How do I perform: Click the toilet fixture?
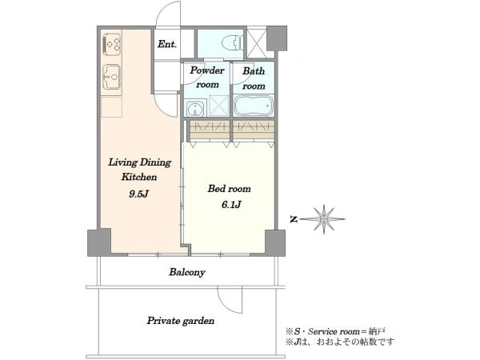click(234, 43)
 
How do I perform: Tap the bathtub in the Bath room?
click(253, 106)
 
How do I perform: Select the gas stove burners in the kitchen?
click(112, 44)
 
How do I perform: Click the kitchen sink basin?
click(111, 77)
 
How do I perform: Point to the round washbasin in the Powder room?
click(195, 109)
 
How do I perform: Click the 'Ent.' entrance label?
click(167, 44)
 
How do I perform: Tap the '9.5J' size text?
click(138, 194)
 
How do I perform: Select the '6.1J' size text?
click(231, 204)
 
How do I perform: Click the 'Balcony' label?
click(187, 272)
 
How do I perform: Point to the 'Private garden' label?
click(181, 321)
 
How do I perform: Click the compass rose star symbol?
click(324, 219)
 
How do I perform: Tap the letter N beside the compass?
click(294, 219)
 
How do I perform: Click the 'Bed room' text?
click(229, 189)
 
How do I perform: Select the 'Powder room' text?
click(207, 77)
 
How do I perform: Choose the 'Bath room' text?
click(254, 78)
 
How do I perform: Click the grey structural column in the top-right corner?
click(277, 38)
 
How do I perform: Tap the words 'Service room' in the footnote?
click(333, 331)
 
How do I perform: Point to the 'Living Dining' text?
click(139, 162)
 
